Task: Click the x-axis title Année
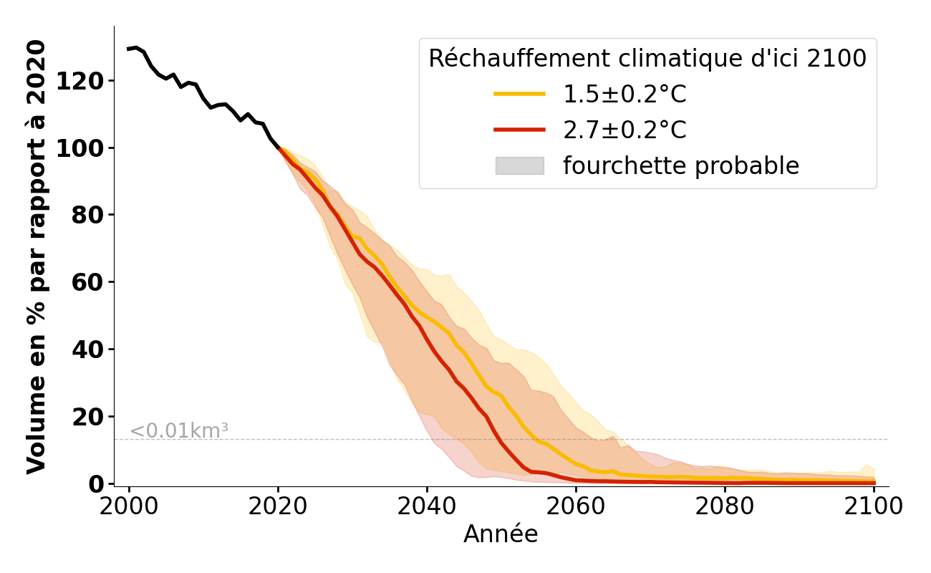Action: tap(501, 534)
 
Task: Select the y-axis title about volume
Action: tap(37, 256)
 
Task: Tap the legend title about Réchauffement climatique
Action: tap(647, 59)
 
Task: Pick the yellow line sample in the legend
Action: tap(520, 95)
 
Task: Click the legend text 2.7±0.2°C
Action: tap(624, 130)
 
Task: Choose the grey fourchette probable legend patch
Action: tap(520, 166)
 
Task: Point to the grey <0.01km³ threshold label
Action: tap(179, 431)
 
